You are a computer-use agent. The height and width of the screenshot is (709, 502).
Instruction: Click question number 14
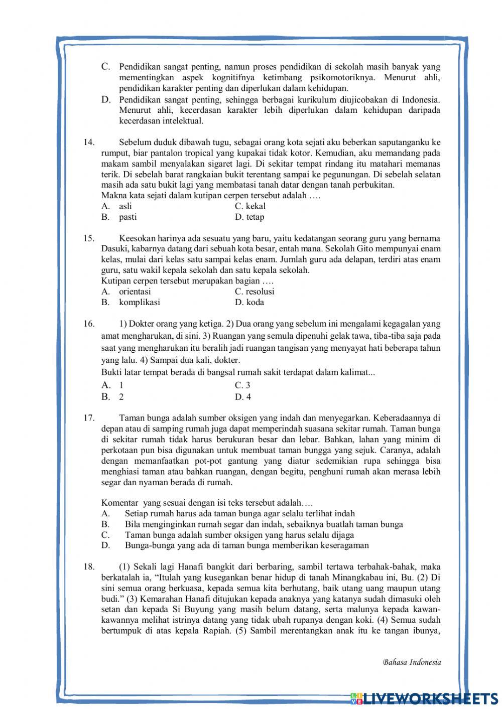[x=89, y=143]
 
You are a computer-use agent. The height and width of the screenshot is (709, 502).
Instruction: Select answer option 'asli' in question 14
[x=125, y=206]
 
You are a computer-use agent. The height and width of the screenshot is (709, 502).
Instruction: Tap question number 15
[x=89, y=238]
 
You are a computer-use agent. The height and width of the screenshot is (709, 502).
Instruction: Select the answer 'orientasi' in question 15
[x=135, y=292]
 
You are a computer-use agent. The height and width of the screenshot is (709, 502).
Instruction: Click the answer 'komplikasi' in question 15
[x=139, y=302]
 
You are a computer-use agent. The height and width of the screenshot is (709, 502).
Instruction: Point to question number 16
[x=89, y=324]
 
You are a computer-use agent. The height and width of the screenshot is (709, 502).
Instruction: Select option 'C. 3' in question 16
[x=242, y=385]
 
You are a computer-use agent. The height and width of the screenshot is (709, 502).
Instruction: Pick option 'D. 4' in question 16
[x=243, y=397]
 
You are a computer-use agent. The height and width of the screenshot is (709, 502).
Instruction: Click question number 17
[x=89, y=417]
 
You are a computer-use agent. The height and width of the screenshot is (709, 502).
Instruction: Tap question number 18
[x=89, y=567]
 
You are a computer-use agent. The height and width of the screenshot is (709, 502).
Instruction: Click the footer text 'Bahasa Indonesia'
[x=412, y=662]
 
